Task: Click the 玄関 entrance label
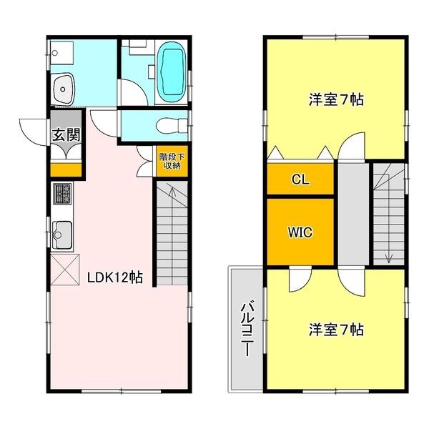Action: click(66, 134)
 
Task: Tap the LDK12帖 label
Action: click(115, 277)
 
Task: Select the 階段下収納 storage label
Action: click(172, 161)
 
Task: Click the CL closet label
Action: click(300, 179)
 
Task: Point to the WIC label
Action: click(300, 232)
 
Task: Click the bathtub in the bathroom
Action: click(172, 72)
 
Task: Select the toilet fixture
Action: click(172, 126)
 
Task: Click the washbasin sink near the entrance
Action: click(64, 88)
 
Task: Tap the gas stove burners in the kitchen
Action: click(63, 194)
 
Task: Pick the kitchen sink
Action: click(62, 235)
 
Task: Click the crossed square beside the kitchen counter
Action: click(65, 270)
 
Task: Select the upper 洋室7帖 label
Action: click(336, 99)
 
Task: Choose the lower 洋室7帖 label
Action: click(336, 330)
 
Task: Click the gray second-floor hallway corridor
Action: click(354, 214)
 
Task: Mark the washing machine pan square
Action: click(61, 53)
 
